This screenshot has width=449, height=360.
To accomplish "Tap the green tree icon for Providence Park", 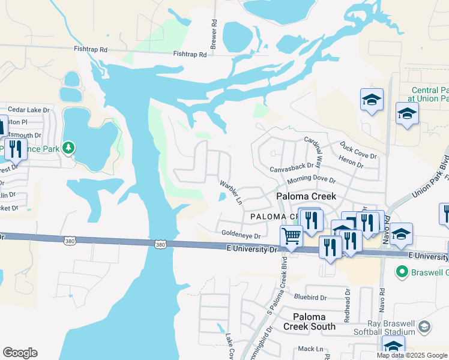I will (69, 147).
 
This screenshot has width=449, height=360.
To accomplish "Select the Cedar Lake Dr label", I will (28, 110).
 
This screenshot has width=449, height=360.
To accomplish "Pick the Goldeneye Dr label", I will (241, 236).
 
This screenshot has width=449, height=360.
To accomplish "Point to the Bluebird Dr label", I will (310, 297).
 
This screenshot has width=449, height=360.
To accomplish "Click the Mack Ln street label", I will (310, 349).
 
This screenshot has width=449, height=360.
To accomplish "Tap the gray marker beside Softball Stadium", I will (424, 326).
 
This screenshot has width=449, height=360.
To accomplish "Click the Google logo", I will (20, 353).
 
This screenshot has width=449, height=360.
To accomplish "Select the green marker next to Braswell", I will (402, 272).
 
